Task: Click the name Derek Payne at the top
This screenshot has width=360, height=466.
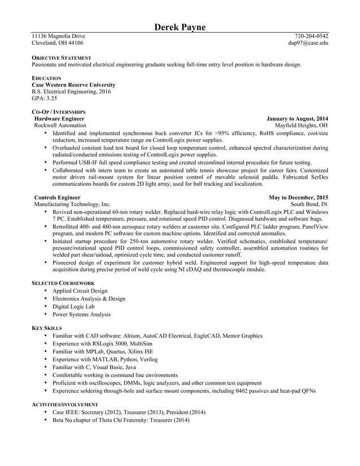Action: [180, 28]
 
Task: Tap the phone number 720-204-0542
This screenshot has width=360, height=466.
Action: [311, 36]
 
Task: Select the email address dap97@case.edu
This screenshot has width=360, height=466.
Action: [308, 43]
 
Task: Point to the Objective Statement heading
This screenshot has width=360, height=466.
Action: [61, 58]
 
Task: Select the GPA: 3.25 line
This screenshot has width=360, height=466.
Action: [44, 98]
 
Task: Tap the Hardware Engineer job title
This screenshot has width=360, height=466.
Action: [60, 119]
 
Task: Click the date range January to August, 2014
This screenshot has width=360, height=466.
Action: [297, 119]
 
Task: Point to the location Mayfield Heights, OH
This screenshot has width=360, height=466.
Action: [301, 126]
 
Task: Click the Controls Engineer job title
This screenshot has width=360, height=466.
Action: [58, 197]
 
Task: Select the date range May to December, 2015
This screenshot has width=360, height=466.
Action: [298, 197]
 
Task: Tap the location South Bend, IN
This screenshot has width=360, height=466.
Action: [309, 204]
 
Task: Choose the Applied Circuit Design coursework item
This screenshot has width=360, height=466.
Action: [80, 291]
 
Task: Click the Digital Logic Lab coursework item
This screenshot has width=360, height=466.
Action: [73, 306]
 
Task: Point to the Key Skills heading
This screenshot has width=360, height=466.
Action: [47, 328]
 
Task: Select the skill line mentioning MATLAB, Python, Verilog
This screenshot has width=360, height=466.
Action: [105, 359]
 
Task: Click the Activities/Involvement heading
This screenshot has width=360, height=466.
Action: [64, 405]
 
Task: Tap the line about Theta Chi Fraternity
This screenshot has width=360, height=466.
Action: [121, 420]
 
